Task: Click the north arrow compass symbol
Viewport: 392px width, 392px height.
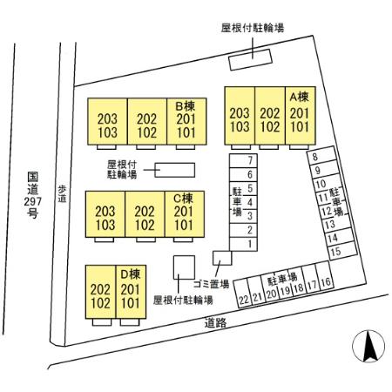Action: click(x=368, y=346)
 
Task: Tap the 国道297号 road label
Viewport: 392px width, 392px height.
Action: click(x=32, y=195)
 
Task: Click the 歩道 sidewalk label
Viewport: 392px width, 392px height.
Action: click(x=62, y=194)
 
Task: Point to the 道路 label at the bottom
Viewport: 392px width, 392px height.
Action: click(x=215, y=322)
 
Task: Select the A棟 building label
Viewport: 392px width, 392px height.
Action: click(x=299, y=97)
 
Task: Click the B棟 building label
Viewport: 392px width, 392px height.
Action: click(x=186, y=106)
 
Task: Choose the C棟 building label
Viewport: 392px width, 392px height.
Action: click(x=183, y=199)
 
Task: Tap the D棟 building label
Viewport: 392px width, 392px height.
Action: click(x=130, y=274)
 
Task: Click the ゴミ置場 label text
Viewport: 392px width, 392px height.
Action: click(x=211, y=284)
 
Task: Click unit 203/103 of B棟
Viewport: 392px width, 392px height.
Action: click(x=107, y=121)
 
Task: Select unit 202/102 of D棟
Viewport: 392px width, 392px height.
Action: click(x=100, y=292)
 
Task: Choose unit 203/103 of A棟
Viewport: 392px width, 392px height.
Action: click(x=240, y=116)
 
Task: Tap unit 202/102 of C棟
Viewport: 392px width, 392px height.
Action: click(x=145, y=214)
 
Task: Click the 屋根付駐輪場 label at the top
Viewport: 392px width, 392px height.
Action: click(x=253, y=28)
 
